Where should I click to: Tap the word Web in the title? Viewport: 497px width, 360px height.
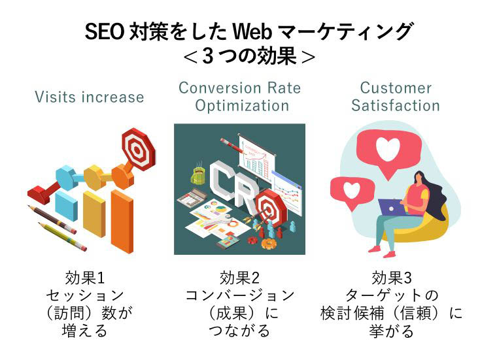pos(252,31)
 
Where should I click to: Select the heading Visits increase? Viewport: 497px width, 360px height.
pos(90,97)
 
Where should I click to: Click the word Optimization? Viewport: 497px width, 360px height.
pos(242,106)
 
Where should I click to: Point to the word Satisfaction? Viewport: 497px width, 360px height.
pos(396,105)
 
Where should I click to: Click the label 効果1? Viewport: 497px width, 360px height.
pos(84,278)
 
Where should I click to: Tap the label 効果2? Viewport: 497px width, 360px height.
pos(239,278)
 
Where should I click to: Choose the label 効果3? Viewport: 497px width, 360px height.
pos(392,278)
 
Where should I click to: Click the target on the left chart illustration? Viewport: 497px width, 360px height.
pos(138,149)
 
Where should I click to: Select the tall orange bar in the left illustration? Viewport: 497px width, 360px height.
pos(122,221)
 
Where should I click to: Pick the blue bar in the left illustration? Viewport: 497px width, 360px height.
pos(66,205)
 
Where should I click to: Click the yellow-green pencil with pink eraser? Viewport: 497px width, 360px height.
pos(62,237)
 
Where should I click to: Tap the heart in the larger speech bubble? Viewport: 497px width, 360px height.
pos(388,149)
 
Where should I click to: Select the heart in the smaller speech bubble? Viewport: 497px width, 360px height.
pos(352,189)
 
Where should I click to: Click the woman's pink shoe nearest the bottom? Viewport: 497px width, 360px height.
pos(388,254)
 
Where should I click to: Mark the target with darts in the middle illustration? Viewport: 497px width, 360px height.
pos(270,207)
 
